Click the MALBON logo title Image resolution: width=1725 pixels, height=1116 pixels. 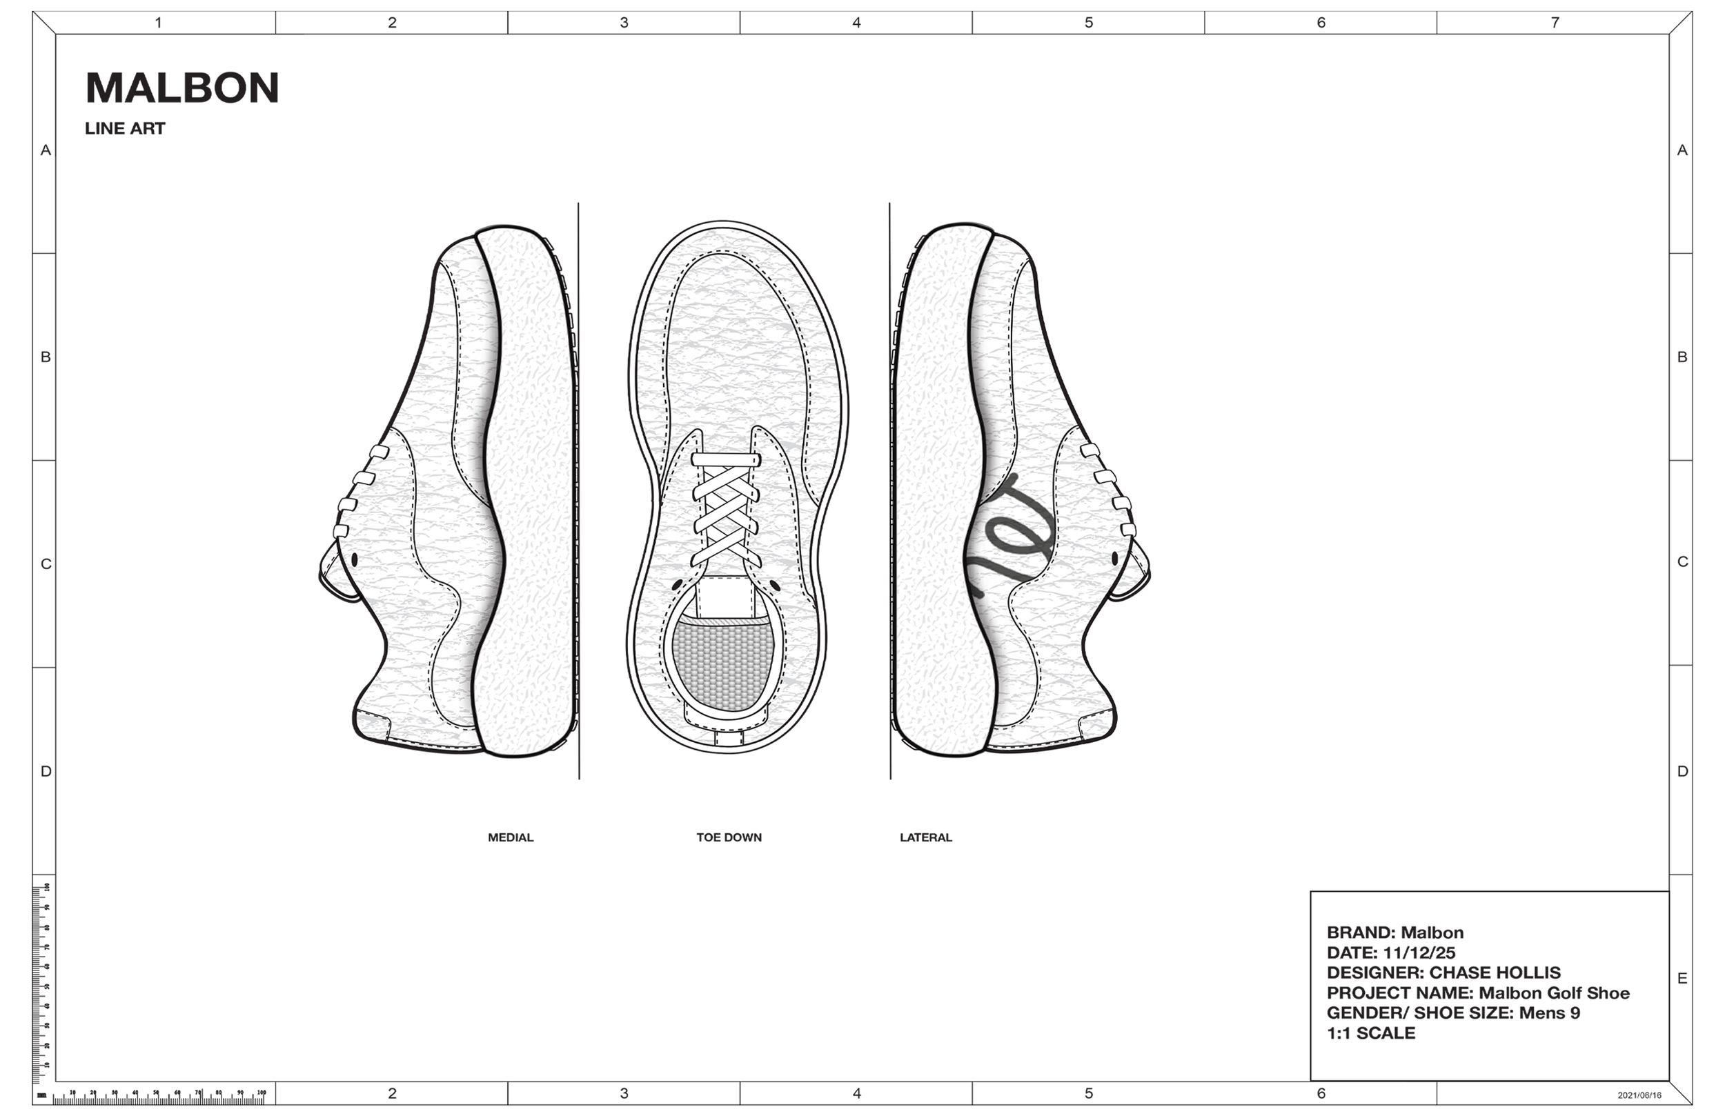point(182,88)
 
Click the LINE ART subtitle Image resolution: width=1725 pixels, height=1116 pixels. point(125,129)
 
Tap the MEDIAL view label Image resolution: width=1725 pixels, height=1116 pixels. point(510,838)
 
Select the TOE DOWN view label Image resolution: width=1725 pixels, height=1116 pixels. point(729,838)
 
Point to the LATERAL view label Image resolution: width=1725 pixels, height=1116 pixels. point(925,838)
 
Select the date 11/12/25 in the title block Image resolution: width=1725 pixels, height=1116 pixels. point(1419,953)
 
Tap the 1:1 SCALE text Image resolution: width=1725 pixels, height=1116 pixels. point(1370,1033)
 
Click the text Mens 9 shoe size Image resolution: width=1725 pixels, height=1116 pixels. point(1550,1013)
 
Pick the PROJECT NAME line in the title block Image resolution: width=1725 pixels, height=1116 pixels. point(1478,993)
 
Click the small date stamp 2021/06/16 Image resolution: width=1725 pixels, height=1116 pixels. point(1639,1096)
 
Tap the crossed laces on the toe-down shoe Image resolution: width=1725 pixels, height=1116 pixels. point(725,515)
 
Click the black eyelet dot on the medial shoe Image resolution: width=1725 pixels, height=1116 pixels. point(355,559)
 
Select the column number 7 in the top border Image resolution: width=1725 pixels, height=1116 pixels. point(1555,23)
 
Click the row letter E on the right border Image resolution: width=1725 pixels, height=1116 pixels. point(1682,978)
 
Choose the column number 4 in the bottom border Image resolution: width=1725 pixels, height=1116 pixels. point(857,1093)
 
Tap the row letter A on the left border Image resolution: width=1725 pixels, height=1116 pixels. point(46,150)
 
